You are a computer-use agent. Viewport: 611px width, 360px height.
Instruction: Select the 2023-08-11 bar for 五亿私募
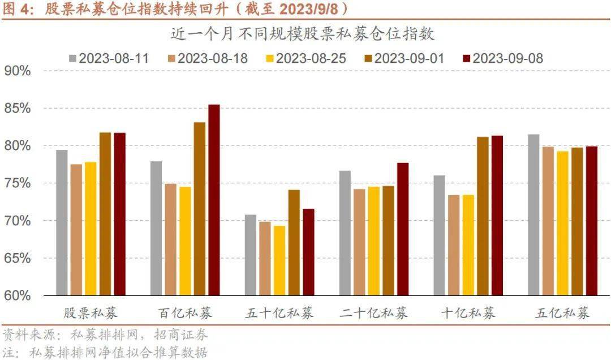[x=533, y=215]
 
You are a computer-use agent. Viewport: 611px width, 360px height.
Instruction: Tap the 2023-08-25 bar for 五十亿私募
[x=279, y=260]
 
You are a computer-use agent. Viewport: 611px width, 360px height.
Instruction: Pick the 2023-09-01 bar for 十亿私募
[x=482, y=216]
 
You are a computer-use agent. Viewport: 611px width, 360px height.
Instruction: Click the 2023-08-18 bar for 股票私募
[x=76, y=229]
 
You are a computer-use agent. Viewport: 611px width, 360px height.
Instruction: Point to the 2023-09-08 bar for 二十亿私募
[x=402, y=229]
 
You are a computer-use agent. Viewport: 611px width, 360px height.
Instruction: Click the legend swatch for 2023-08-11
[x=73, y=58]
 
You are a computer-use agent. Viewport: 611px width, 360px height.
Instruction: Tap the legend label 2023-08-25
[x=311, y=58]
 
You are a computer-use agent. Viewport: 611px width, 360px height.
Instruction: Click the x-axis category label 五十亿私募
[x=279, y=313]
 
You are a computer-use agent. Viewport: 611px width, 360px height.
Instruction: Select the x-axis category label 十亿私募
[x=468, y=313]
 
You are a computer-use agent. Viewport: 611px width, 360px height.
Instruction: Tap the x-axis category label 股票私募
[x=91, y=313]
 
